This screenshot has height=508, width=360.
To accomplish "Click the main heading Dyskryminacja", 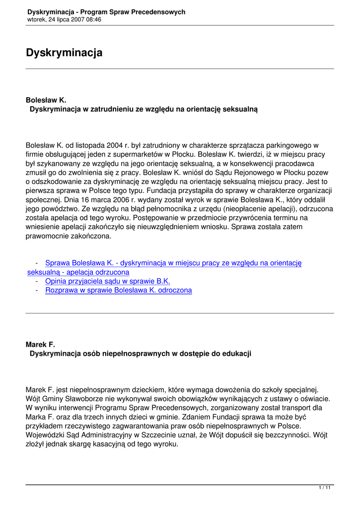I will [x=64, y=53].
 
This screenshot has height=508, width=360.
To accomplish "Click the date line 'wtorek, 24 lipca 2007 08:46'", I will [x=65, y=19].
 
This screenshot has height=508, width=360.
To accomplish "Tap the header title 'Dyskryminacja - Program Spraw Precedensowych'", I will [x=106, y=11].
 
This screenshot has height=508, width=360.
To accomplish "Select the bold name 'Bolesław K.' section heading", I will [x=46, y=100].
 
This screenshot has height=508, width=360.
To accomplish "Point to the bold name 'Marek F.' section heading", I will [x=40, y=344].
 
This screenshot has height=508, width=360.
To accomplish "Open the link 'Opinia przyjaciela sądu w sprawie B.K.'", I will [x=108, y=281].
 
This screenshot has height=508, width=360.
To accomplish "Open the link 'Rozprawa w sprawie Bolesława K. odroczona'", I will [x=118, y=290].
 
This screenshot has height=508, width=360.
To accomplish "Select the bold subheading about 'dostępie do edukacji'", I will [x=141, y=353].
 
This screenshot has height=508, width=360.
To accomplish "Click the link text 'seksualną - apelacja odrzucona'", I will [x=78, y=272].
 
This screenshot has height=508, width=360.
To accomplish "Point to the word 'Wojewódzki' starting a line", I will [x=45, y=435].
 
